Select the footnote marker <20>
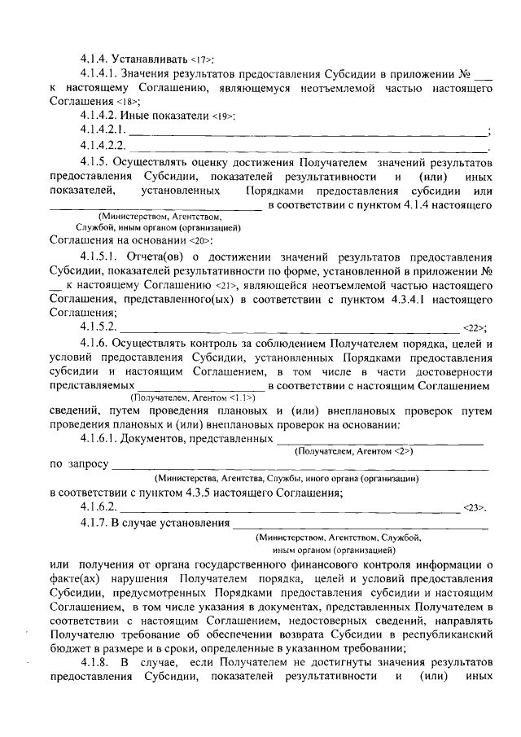(200, 242)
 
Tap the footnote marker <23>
(474, 507)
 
